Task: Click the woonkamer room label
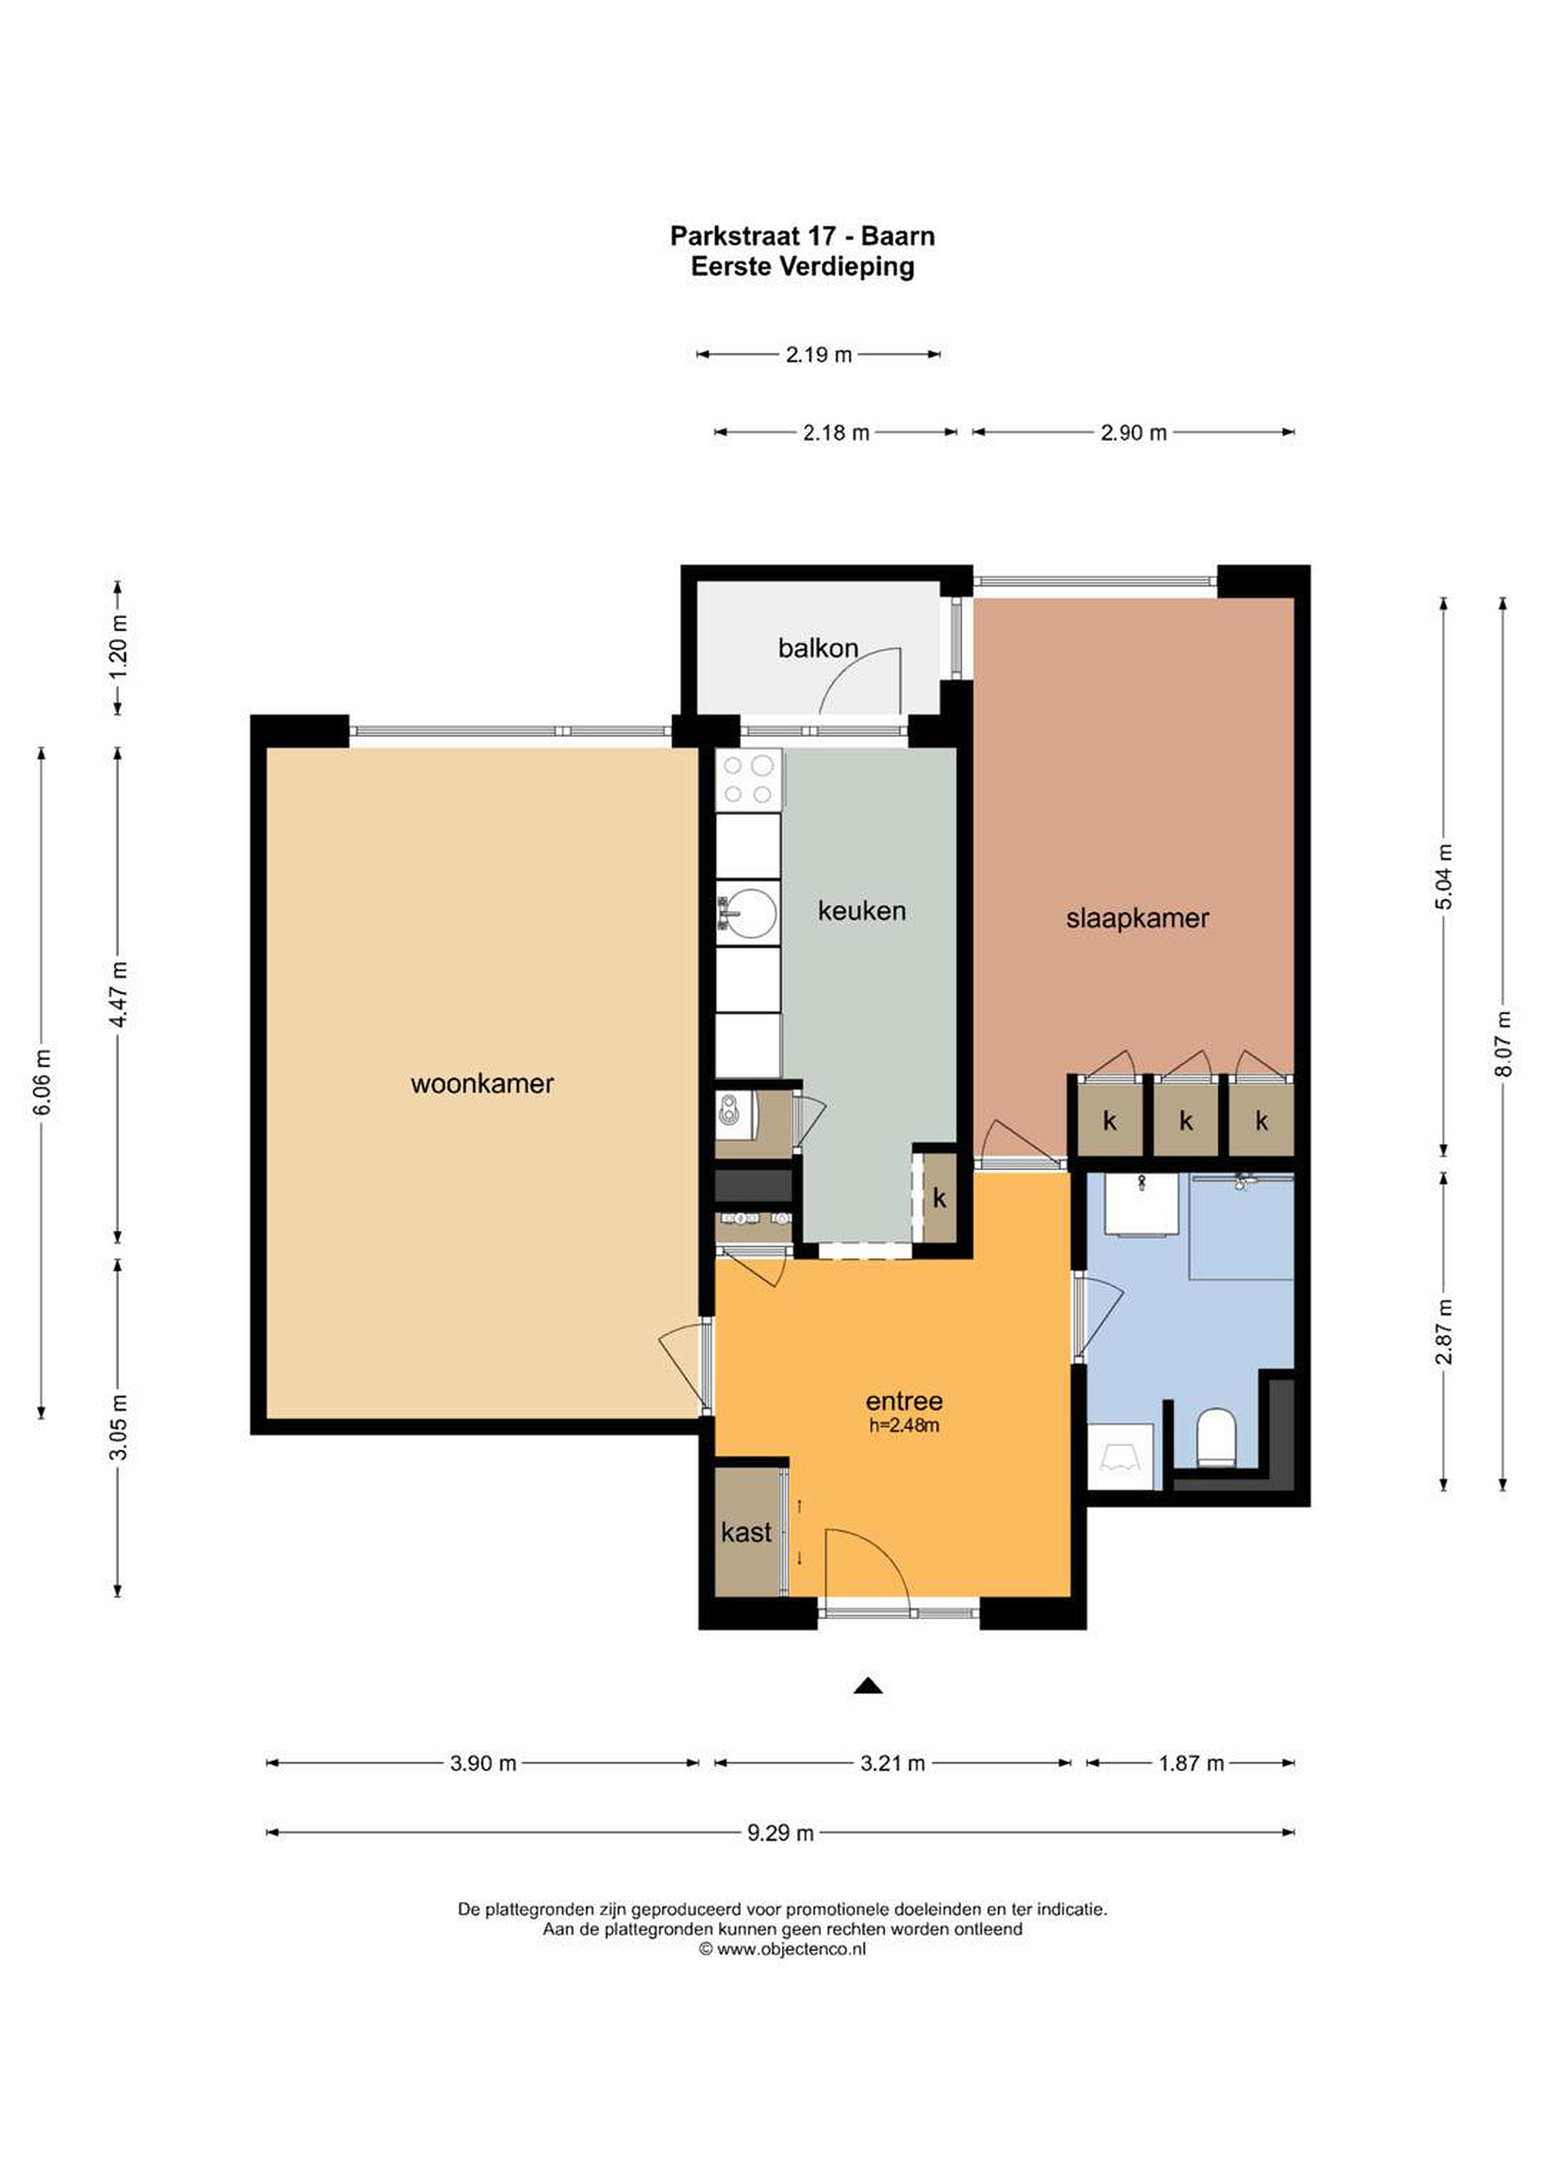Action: click(x=482, y=1084)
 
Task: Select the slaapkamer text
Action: click(x=1137, y=919)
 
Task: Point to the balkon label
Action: click(x=818, y=648)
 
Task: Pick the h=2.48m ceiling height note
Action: click(x=904, y=1425)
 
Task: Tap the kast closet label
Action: click(x=746, y=1532)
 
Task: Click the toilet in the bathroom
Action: click(x=1215, y=1436)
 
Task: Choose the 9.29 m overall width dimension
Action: click(x=780, y=1833)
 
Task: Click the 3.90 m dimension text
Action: click(x=482, y=1764)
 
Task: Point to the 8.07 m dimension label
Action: click(x=1503, y=1043)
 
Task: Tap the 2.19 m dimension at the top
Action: click(x=818, y=355)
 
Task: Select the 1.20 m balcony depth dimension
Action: click(x=118, y=648)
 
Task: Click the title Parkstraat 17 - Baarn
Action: click(x=802, y=235)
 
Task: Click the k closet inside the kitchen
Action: click(x=940, y=1198)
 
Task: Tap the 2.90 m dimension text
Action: click(x=1133, y=433)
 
